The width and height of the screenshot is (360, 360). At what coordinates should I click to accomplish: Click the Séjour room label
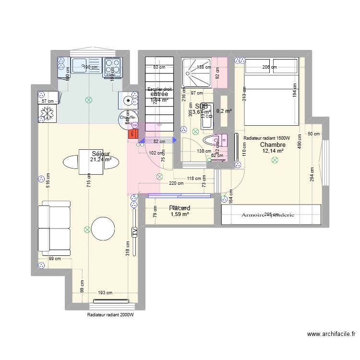[x=101, y=154]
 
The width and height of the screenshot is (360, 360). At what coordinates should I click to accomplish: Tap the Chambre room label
[x=273, y=144]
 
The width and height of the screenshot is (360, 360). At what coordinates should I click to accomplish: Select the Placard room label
[x=180, y=208]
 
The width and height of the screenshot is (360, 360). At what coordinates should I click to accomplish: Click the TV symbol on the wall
[x=134, y=231]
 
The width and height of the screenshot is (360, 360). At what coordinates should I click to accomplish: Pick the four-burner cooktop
[x=113, y=67]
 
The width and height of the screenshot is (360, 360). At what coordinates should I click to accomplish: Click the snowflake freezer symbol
[x=48, y=113]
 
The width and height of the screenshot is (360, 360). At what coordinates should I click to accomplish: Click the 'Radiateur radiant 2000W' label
[x=110, y=315]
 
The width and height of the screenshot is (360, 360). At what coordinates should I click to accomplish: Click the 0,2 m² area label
[x=224, y=111]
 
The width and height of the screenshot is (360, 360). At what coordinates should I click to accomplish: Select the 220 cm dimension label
[x=176, y=183]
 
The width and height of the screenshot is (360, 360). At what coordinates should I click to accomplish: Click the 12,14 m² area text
[x=273, y=151]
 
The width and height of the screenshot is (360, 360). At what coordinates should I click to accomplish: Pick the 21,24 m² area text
[x=101, y=160]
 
